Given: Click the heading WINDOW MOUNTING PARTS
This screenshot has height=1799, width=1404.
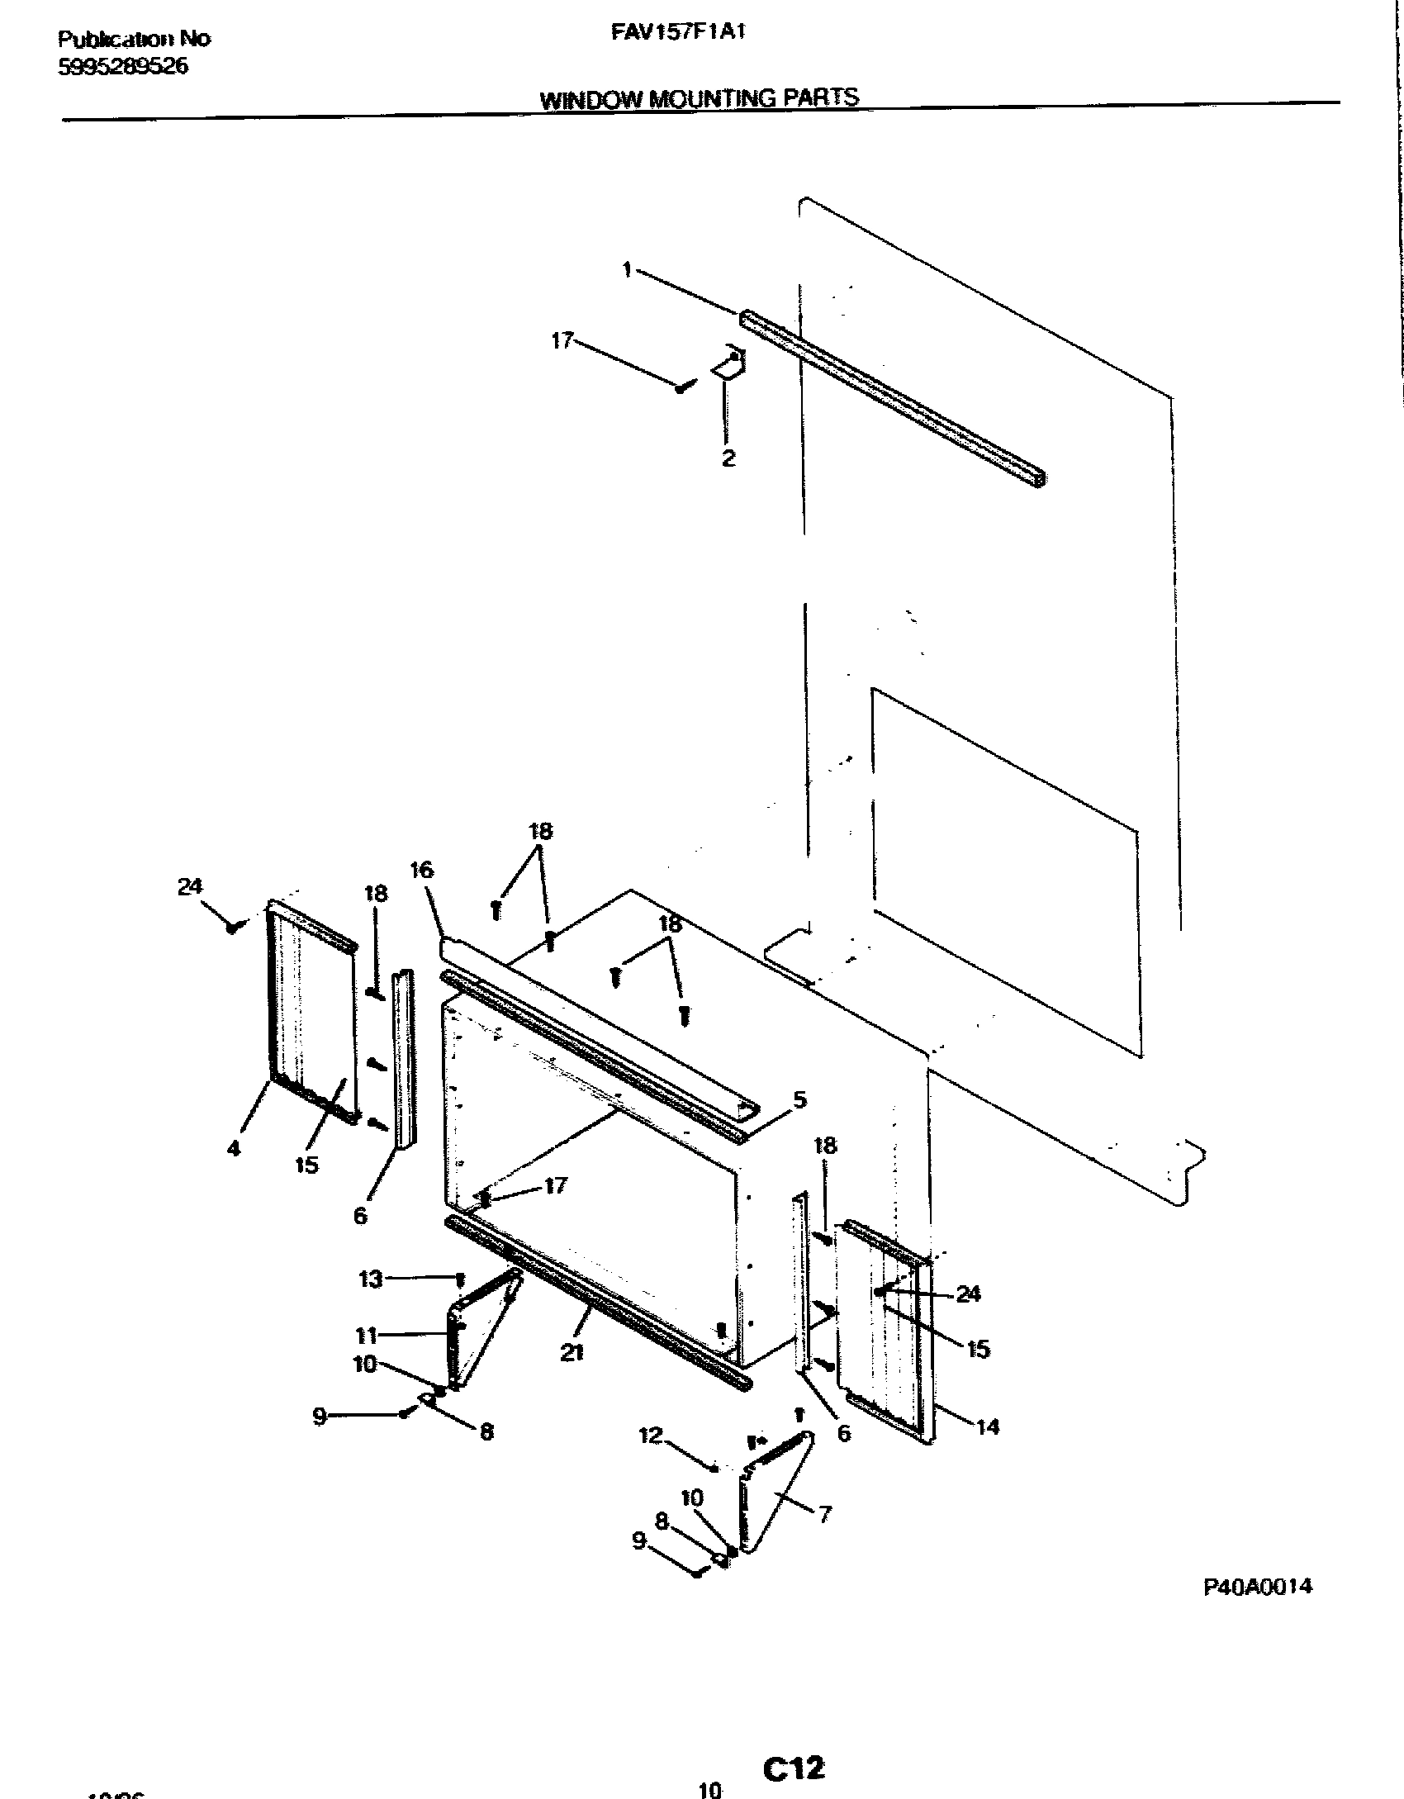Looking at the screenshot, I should click(699, 98).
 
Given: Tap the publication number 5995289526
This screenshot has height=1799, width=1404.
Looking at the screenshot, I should click(123, 67).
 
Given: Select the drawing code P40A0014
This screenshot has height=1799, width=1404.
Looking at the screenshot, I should click(1257, 1587).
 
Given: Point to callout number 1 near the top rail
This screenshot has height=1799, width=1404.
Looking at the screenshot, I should click(628, 269).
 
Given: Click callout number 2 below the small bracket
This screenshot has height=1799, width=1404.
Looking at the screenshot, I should click(728, 458).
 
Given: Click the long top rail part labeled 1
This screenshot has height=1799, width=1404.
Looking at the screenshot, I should click(892, 399).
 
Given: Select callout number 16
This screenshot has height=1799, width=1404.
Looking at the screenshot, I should click(421, 870).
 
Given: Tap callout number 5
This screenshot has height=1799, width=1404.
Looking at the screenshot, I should click(799, 1099).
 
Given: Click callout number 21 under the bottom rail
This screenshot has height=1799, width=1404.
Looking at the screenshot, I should click(572, 1351).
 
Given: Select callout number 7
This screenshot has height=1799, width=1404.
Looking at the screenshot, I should click(823, 1513).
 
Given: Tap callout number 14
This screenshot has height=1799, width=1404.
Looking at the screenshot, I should click(988, 1426).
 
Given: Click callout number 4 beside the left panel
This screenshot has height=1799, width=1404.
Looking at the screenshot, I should click(234, 1148).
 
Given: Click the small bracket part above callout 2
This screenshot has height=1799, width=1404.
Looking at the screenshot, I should click(729, 364).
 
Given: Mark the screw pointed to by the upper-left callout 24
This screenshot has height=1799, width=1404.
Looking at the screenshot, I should click(233, 928).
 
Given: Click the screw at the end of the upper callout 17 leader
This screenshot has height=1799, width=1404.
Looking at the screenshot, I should click(681, 387).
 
